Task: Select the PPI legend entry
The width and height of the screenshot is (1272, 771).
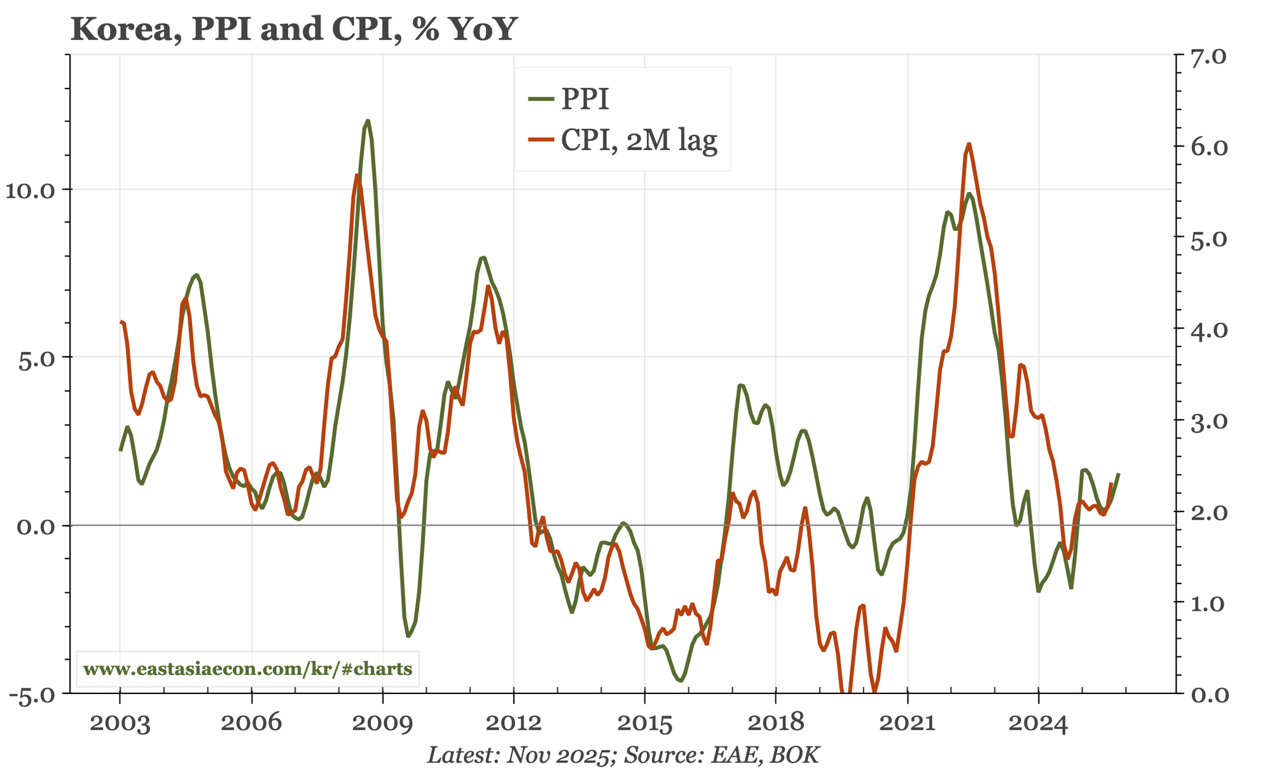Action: (584, 99)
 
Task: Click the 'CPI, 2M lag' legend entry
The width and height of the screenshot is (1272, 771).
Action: (638, 141)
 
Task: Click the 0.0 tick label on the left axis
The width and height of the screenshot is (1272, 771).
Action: (35, 526)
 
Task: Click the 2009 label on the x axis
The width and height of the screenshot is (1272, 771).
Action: (382, 723)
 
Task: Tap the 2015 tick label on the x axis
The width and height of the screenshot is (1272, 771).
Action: (644, 723)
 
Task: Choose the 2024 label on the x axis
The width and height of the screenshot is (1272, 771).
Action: (1038, 723)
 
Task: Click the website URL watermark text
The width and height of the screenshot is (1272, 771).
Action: (247, 669)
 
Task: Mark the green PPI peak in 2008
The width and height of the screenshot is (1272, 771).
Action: (368, 121)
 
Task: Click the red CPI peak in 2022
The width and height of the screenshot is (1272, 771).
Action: (969, 144)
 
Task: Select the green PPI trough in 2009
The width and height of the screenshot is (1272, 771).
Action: (408, 636)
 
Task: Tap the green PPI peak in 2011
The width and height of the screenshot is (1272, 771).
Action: (483, 257)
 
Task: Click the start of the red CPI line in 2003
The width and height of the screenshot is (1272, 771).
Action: (121, 323)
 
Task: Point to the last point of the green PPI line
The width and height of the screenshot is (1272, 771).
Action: (1119, 474)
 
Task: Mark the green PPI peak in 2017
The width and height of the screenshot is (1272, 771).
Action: (740, 385)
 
